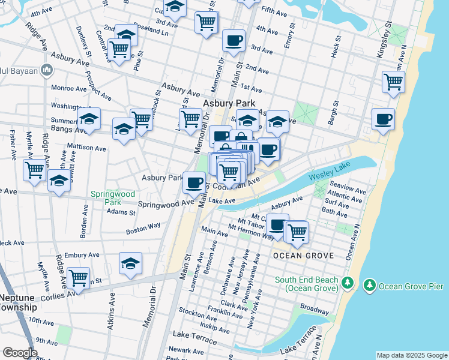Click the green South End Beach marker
pos(346,281)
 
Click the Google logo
pos(20,353)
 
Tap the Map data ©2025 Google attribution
pos(412,355)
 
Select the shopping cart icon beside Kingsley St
pos(393,82)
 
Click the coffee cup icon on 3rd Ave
pos(234,41)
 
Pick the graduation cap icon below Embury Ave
pos(130,263)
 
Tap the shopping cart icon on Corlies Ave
pos(78,278)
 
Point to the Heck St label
pos(336,46)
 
